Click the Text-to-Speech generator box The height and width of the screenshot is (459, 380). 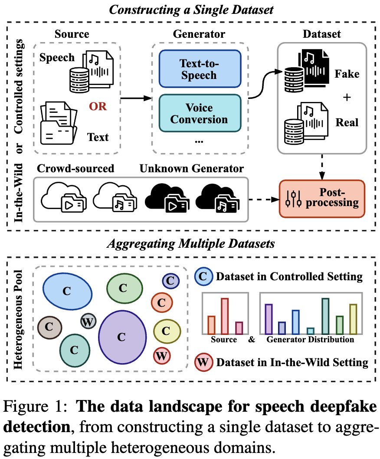click(x=200, y=69)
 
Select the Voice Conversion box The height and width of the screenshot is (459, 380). click(x=200, y=113)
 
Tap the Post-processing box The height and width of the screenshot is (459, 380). click(x=322, y=199)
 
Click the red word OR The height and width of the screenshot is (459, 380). click(x=98, y=106)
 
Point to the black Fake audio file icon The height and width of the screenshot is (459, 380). click(x=307, y=71)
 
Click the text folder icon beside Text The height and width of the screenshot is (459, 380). click(x=59, y=123)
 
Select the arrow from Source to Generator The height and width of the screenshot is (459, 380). click(x=136, y=98)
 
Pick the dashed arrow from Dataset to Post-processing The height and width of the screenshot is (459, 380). click(x=322, y=167)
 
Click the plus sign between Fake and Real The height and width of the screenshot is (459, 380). click(x=347, y=97)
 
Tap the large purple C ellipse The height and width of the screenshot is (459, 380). click(x=122, y=337)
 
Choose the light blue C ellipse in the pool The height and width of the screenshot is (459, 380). click(x=67, y=291)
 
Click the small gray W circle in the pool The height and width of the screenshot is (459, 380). click(x=88, y=322)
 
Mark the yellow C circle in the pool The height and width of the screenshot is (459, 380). click(x=167, y=331)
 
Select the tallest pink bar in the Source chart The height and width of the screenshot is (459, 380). click(x=225, y=316)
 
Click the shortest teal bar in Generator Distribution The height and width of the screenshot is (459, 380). click(x=310, y=331)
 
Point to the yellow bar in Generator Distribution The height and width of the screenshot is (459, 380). click(x=353, y=319)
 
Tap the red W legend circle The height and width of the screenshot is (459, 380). click(x=203, y=362)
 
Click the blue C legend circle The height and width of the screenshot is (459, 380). click(x=203, y=276)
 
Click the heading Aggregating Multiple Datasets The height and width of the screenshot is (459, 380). click(x=191, y=243)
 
